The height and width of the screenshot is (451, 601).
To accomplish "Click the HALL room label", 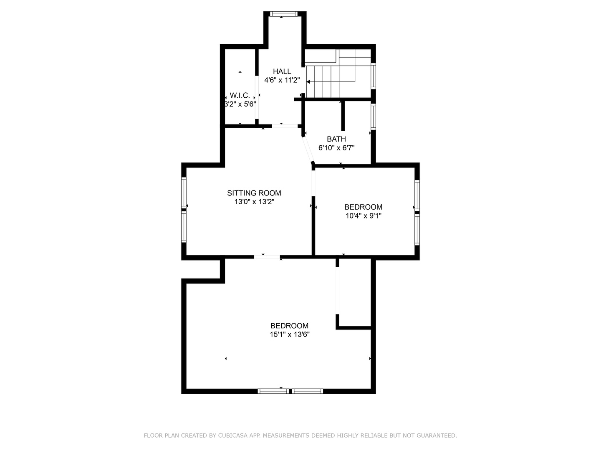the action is (x=282, y=71).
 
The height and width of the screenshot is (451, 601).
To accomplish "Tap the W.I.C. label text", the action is (x=240, y=96).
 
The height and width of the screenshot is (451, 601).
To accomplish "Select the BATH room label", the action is (x=336, y=139).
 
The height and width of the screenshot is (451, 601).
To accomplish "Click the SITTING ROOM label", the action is (x=254, y=193).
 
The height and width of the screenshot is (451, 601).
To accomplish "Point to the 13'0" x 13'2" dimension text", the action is (x=254, y=202).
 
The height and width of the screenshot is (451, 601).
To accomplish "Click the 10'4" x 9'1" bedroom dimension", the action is (x=364, y=216).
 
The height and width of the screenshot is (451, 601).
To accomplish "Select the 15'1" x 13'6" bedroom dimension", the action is (x=289, y=334).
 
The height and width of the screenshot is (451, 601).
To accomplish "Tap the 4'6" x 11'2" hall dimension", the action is (x=282, y=80).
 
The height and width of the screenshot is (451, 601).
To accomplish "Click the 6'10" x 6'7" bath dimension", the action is (x=336, y=148).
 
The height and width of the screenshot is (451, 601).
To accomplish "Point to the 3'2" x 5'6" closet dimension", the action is (x=240, y=104).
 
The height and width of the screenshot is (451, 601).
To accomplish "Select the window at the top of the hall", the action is (x=283, y=14).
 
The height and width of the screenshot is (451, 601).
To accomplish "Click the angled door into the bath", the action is (x=308, y=149).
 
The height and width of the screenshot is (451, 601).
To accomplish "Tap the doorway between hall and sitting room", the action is (x=285, y=126).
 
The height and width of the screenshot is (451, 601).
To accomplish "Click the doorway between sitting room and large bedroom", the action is (x=267, y=257).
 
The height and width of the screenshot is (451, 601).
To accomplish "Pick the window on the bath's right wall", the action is (x=373, y=117).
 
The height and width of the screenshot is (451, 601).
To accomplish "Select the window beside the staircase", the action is (x=373, y=76).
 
